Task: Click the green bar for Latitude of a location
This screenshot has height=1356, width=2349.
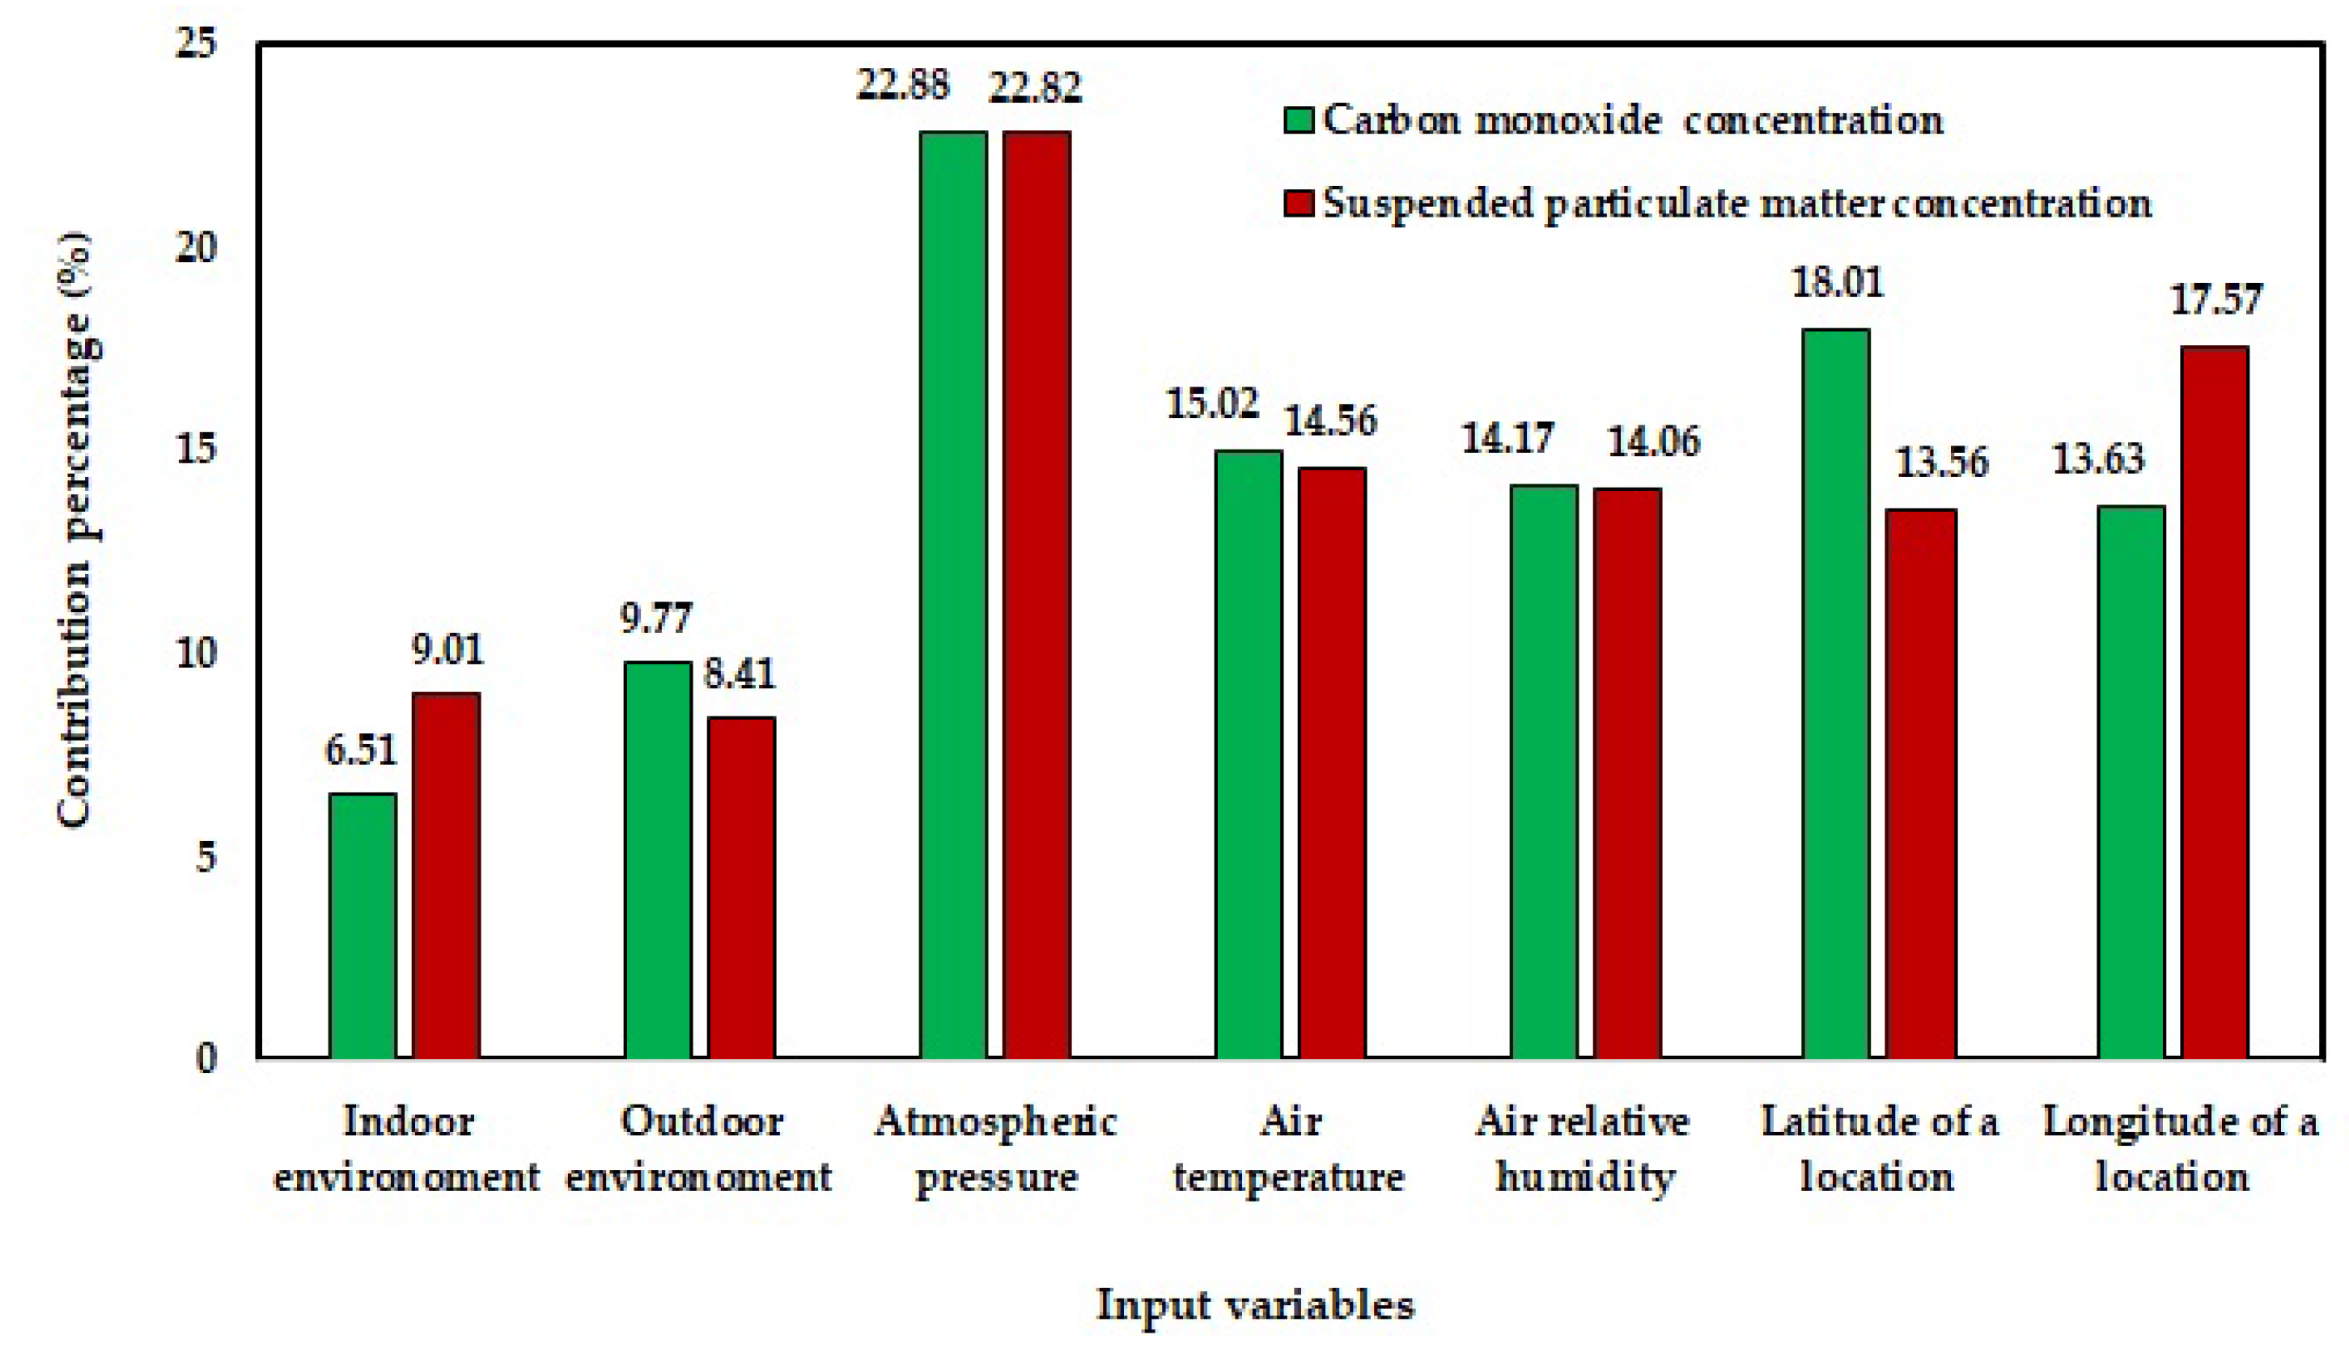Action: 1836,693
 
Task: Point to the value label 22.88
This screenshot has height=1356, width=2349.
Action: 902,86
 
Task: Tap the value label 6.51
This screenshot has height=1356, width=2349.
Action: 361,750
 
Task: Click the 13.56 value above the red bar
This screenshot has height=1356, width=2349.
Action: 1942,462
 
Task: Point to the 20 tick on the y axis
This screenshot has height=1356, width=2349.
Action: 196,247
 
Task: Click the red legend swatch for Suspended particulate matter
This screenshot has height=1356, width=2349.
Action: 1298,203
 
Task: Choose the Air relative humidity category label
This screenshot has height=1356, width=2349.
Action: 1582,1149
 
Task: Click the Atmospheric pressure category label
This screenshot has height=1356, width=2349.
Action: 995,1149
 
